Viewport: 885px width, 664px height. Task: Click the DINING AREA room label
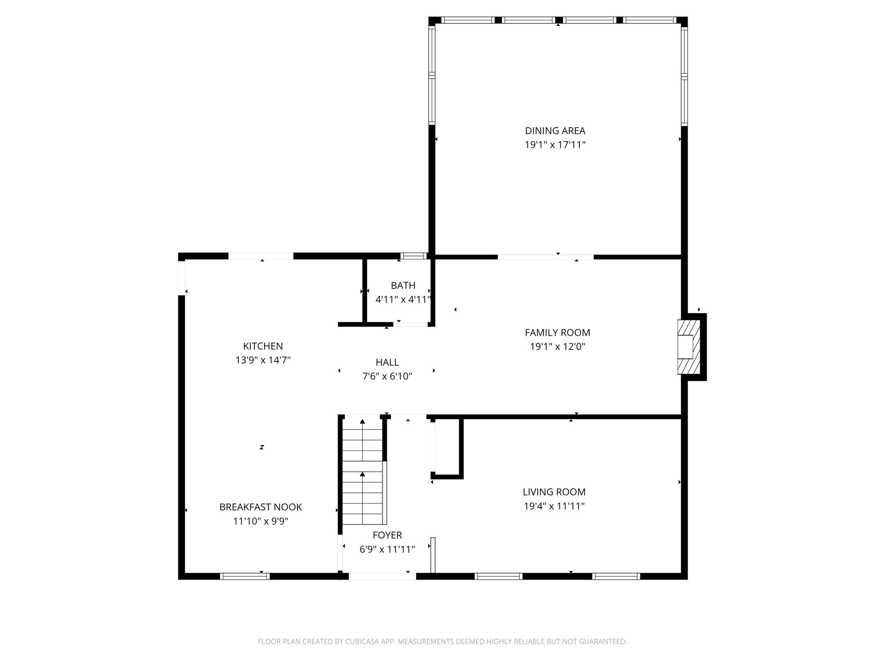555,130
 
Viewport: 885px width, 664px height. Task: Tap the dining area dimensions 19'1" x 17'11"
555,145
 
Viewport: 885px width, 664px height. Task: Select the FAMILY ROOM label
557,332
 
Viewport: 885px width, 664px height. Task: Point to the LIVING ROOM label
554,492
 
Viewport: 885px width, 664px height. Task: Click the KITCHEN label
263,346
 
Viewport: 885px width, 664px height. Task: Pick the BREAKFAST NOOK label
260,507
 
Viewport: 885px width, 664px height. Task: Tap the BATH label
403,285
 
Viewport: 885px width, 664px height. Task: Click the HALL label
387,362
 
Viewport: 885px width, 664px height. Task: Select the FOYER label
387,535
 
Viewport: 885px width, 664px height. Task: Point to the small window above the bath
413,256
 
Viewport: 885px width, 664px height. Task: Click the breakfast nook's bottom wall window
245,576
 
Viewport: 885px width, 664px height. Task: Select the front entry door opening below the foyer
382,576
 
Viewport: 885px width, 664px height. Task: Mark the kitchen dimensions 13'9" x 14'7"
263,360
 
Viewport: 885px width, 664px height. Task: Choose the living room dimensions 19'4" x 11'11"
554,506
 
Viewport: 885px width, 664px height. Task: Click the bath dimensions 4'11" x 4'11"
403,300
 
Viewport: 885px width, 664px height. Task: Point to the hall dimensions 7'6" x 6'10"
387,377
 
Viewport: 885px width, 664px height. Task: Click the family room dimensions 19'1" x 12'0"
557,347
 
